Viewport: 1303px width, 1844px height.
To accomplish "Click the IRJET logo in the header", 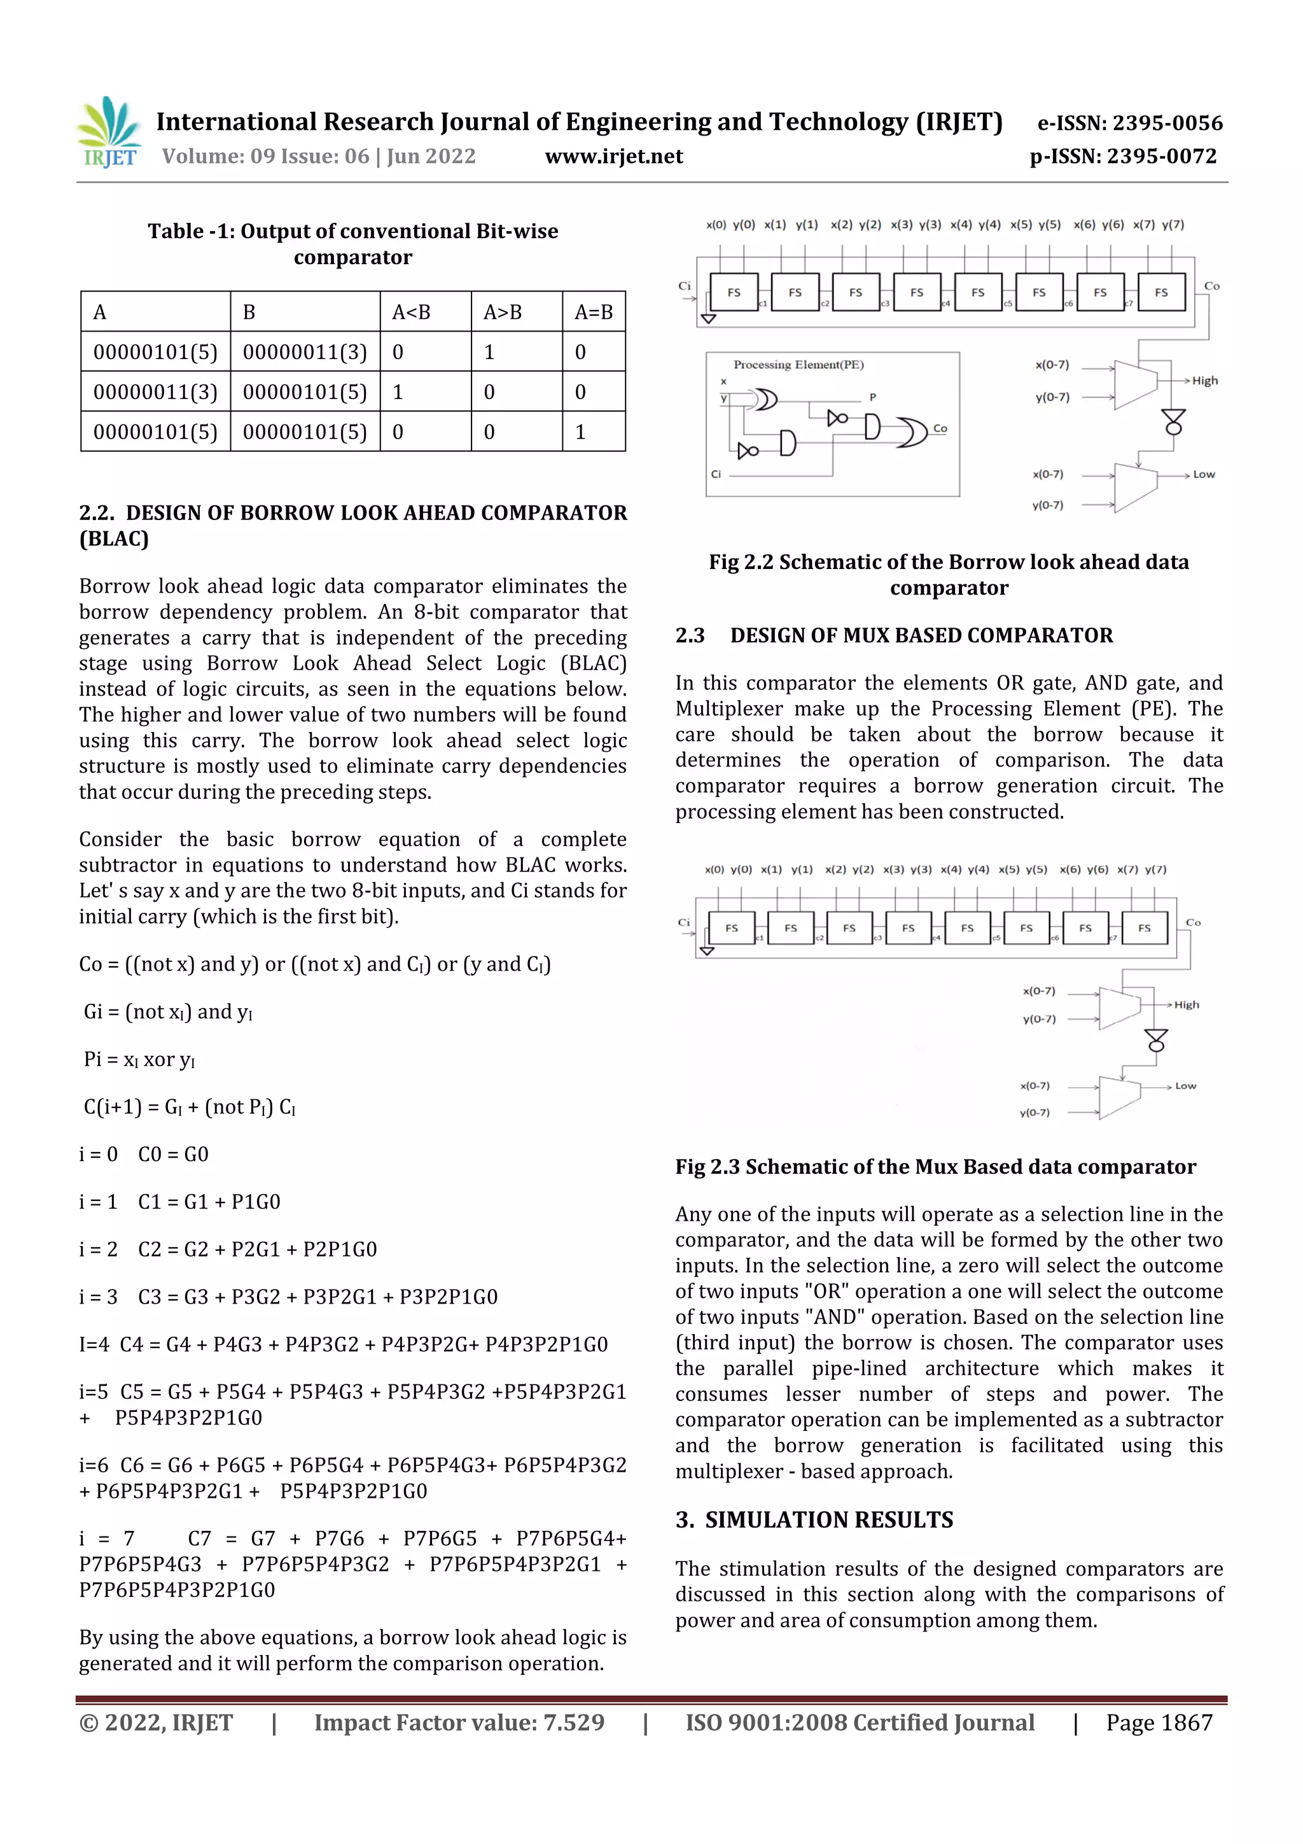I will click(x=109, y=132).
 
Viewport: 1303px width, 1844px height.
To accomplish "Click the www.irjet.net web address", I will click(x=613, y=157).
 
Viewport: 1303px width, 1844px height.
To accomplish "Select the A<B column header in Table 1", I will click(x=411, y=312).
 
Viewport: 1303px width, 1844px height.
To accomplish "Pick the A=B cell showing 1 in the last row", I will click(x=580, y=432).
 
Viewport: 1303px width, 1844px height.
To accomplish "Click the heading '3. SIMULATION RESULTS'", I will click(x=814, y=1519).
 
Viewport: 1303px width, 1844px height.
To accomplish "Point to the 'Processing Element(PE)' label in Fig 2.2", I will click(x=798, y=365).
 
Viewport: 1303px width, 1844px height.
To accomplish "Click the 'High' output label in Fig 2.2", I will click(x=1204, y=381).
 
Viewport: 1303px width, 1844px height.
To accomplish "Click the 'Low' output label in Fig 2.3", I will click(x=1185, y=1086).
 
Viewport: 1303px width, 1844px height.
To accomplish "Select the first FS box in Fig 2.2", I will click(x=734, y=292).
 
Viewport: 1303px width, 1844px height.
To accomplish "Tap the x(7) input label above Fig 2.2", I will click(x=1143, y=225).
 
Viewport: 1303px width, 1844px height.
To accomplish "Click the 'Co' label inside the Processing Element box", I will click(x=939, y=429).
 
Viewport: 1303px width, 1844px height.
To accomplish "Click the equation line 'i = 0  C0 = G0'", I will click(x=144, y=1154).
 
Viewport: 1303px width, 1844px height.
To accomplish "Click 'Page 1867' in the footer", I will click(x=1159, y=1722).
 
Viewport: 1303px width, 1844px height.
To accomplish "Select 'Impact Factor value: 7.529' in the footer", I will click(x=459, y=1722).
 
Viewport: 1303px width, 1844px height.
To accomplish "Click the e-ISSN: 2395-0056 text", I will click(x=1129, y=123).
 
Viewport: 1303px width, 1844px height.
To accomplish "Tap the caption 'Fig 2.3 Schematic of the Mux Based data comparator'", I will click(x=935, y=1166).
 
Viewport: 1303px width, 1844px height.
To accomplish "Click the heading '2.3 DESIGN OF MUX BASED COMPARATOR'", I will click(x=893, y=635).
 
